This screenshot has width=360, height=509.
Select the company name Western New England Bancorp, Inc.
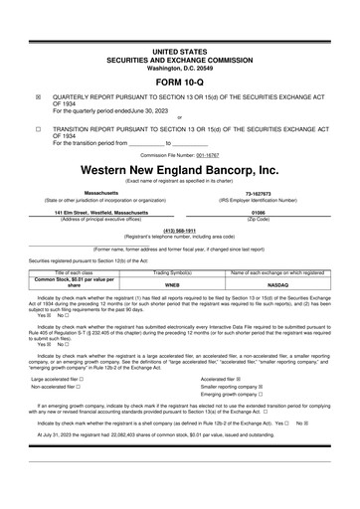(x=179, y=170)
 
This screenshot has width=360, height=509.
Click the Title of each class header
(x=74, y=271)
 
